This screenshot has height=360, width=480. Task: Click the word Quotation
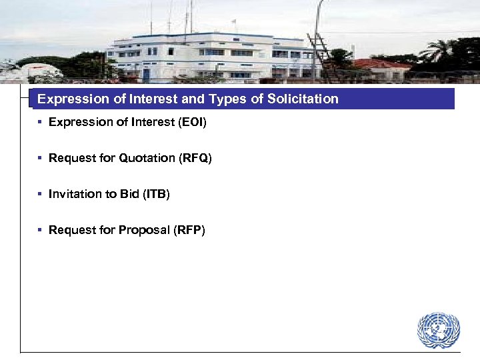click(147, 158)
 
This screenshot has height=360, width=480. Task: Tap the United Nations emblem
click(438, 331)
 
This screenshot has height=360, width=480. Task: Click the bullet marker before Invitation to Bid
click(41, 194)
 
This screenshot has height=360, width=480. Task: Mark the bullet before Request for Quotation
click(41, 158)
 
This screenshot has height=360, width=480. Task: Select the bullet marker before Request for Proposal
click(41, 230)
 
